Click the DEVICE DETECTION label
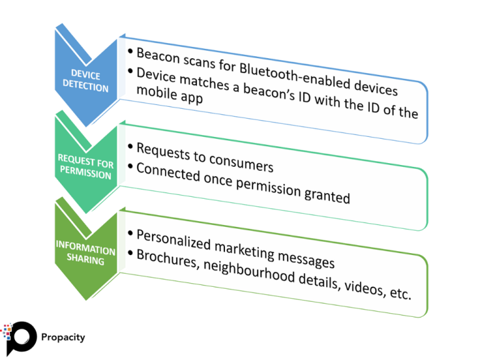tap(86, 81)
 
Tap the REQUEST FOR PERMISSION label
tap(85, 167)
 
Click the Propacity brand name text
tap(62, 337)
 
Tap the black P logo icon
tap(19, 338)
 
